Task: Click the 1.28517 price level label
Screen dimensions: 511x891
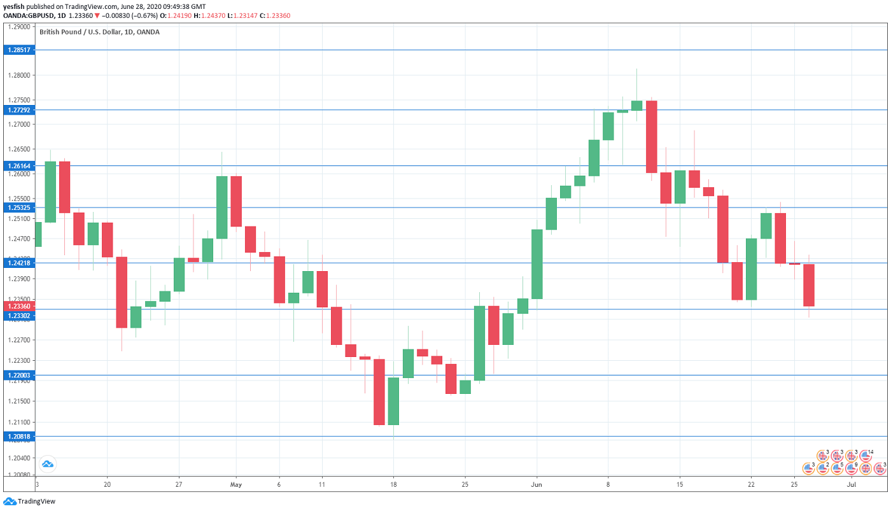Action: (x=18, y=50)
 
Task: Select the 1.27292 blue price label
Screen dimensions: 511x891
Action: (x=18, y=110)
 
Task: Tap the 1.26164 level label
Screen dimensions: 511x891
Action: (x=18, y=166)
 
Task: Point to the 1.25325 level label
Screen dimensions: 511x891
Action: (x=18, y=207)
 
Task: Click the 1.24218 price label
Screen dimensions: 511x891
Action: (x=18, y=263)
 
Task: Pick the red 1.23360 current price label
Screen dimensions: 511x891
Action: (x=18, y=306)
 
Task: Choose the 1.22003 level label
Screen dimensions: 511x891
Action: (x=18, y=375)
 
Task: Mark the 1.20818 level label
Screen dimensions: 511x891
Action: (x=18, y=437)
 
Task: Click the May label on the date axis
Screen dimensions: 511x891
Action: (x=236, y=485)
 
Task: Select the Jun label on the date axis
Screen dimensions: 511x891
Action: (x=537, y=485)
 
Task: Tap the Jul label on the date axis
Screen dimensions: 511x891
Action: (x=851, y=485)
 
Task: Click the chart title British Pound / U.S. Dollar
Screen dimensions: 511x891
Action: (x=99, y=32)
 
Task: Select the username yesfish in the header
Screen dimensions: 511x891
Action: (x=13, y=6)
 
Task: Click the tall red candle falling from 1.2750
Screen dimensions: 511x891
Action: (x=651, y=137)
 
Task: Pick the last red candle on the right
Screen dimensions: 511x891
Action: (x=809, y=285)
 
